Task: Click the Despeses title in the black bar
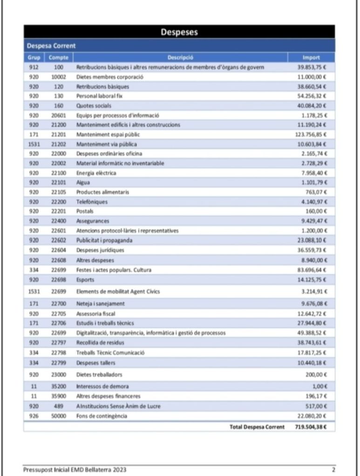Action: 179,32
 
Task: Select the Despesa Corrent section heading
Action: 51,46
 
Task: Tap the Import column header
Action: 311,58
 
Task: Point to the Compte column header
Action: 59,58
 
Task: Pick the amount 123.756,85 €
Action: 311,134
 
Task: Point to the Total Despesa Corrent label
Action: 257,427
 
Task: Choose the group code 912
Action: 34,67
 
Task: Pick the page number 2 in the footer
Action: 333,469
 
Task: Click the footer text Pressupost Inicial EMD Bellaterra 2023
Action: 75,469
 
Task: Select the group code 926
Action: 34,416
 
